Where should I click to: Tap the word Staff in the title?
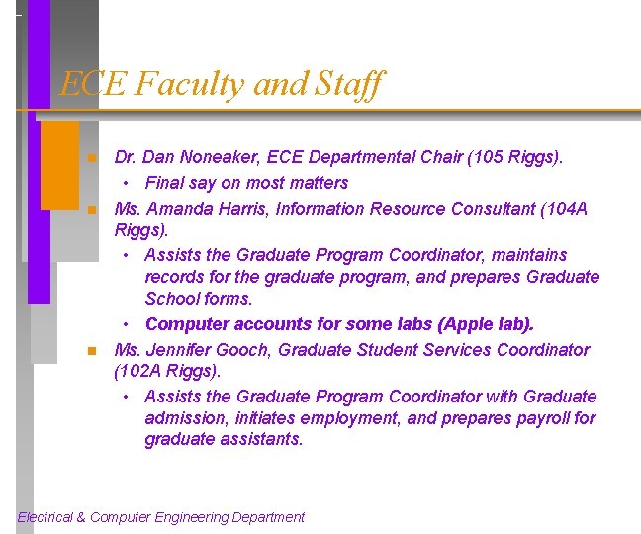pyautogui.click(x=346, y=84)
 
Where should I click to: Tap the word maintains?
pyautogui.click(x=531, y=255)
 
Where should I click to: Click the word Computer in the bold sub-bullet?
pyautogui.click(x=183, y=324)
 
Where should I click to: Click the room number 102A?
pyautogui.click(x=143, y=372)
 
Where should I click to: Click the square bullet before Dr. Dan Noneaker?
pyautogui.click(x=90, y=158)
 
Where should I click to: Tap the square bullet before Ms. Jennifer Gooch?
pyautogui.click(x=90, y=351)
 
